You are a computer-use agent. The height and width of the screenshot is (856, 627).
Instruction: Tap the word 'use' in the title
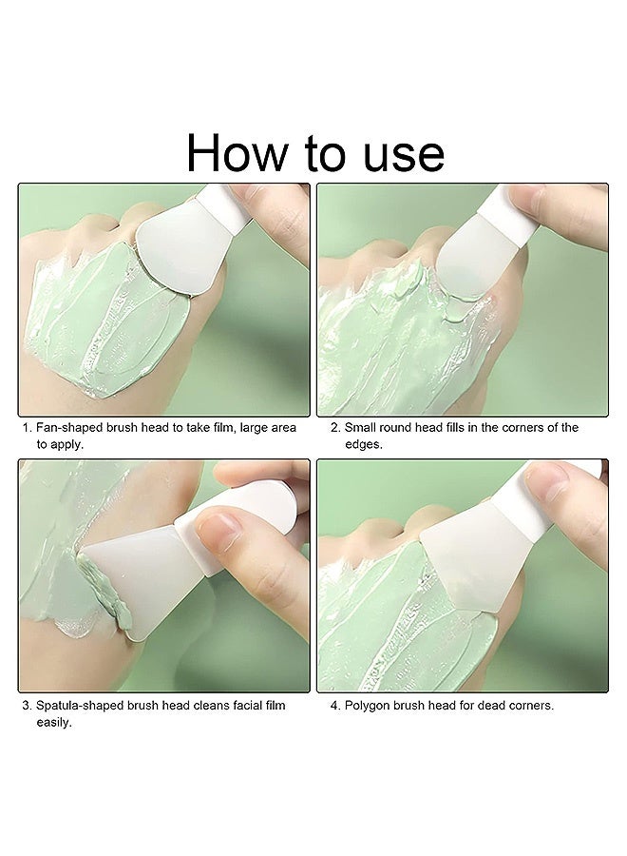[397, 152]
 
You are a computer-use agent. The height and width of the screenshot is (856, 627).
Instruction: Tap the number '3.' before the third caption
[27, 706]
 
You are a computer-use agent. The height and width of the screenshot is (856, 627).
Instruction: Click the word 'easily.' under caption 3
[54, 722]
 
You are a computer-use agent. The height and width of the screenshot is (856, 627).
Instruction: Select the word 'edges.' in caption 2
[363, 444]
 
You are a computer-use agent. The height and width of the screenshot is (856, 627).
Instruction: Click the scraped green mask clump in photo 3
[100, 590]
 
